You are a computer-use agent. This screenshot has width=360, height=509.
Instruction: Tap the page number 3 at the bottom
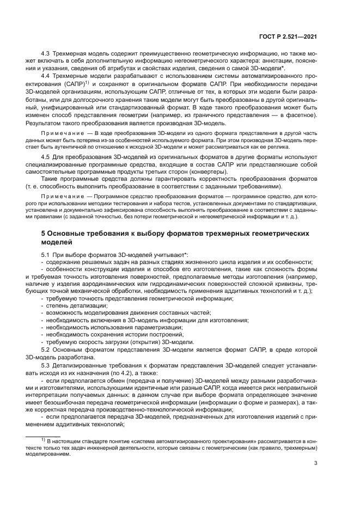click(315, 464)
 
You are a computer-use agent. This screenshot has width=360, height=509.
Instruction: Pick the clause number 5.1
click(46, 255)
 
